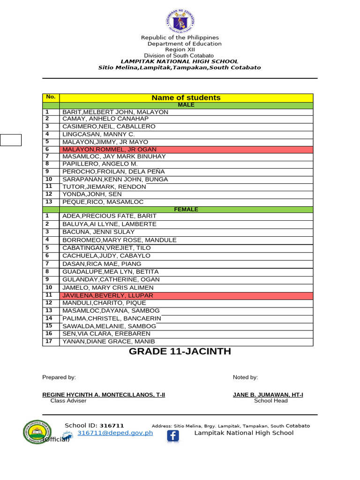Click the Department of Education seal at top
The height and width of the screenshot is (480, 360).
[180, 21]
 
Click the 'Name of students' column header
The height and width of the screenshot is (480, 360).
[186, 97]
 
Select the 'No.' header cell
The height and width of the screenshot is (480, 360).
[51, 97]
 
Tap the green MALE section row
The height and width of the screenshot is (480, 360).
[186, 105]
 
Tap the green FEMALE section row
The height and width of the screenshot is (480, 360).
[186, 209]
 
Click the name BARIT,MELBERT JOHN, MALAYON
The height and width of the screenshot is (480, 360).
[115, 112]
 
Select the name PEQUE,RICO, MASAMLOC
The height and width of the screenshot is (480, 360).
[103, 202]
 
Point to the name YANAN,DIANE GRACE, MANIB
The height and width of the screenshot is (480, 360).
[108, 342]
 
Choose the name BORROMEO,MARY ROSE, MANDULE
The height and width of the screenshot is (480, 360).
[120, 240]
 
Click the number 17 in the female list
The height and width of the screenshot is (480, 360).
[49, 341]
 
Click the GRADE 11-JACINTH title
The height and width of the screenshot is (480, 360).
[180, 352]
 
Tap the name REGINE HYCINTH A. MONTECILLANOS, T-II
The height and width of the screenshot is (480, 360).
[104, 395]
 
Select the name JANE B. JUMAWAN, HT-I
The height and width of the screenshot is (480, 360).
[268, 395]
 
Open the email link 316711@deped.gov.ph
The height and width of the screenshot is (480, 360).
[115, 433]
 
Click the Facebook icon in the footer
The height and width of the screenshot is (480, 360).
[173, 436]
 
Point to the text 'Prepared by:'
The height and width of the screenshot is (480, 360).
[59, 377]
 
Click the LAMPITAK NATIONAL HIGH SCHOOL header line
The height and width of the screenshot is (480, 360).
[180, 61]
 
